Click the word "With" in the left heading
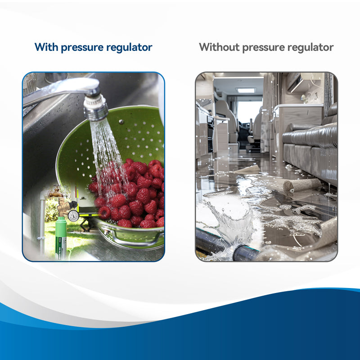[46, 47]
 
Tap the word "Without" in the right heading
[220, 47]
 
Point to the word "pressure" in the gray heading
[275, 47]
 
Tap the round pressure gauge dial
[73, 216]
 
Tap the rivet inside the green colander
[121, 122]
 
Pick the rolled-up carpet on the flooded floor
[301, 184]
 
